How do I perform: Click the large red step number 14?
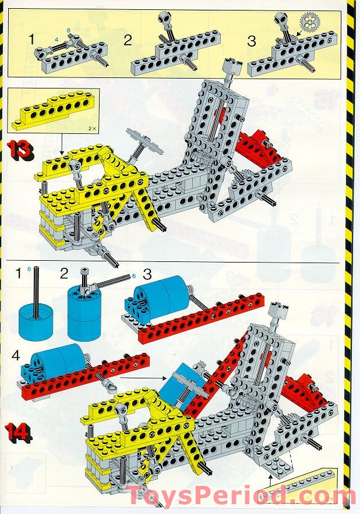[19, 431]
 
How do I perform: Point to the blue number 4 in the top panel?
[57, 39]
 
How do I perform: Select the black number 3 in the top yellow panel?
[252, 41]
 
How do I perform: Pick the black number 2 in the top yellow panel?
[128, 40]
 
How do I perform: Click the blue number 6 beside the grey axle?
[134, 276]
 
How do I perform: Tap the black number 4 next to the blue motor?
[16, 355]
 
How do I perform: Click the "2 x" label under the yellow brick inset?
[93, 129]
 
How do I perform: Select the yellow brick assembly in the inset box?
[55, 109]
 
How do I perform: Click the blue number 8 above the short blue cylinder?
[29, 269]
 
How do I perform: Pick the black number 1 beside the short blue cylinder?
[19, 273]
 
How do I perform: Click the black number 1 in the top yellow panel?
[31, 39]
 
